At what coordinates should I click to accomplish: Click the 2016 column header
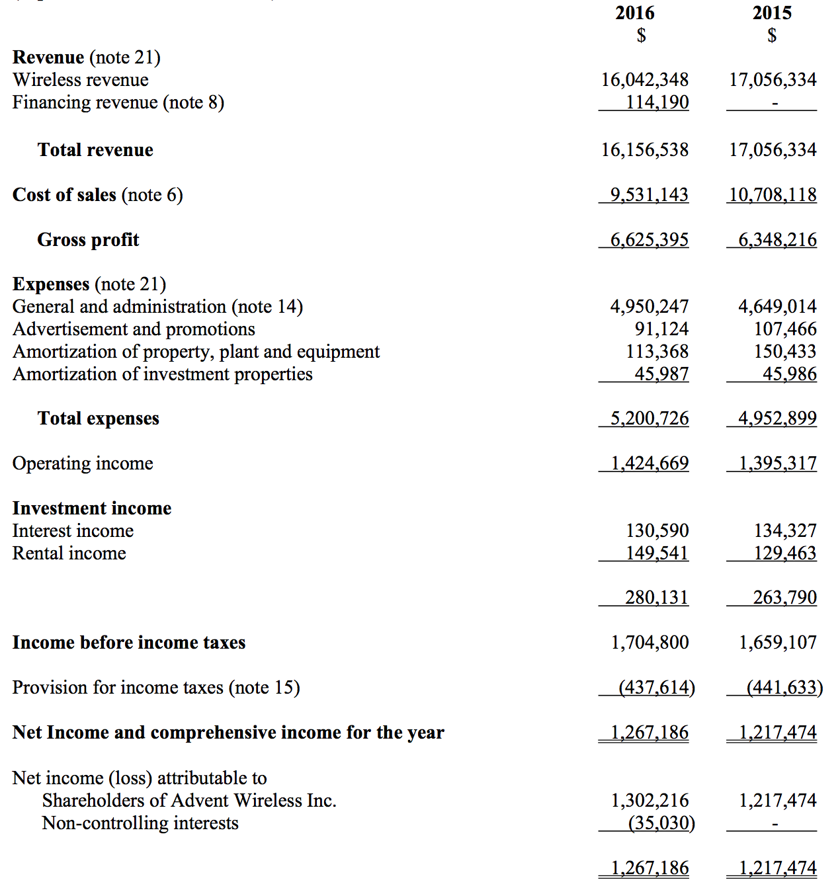(x=634, y=13)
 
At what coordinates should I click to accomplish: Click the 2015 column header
(x=771, y=13)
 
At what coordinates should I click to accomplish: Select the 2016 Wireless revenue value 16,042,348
(x=644, y=80)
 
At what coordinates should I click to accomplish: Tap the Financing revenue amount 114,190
(x=657, y=102)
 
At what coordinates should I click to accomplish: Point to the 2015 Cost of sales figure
(x=773, y=195)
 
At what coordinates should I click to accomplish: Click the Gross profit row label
(x=88, y=240)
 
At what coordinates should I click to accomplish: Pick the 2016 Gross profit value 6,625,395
(x=649, y=240)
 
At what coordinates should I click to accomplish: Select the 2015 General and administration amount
(x=777, y=307)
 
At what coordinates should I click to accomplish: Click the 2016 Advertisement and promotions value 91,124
(x=661, y=329)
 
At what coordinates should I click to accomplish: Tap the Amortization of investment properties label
(x=162, y=374)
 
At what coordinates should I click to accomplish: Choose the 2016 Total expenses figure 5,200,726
(x=649, y=419)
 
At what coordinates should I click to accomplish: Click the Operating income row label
(x=83, y=464)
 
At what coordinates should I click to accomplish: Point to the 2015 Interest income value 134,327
(x=784, y=531)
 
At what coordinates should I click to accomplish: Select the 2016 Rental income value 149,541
(x=657, y=553)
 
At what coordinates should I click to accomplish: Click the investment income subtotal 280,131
(x=656, y=598)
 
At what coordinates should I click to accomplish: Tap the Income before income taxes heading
(x=129, y=643)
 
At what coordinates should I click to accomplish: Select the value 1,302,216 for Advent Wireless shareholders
(x=649, y=801)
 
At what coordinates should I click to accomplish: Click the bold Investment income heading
(x=92, y=508)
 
